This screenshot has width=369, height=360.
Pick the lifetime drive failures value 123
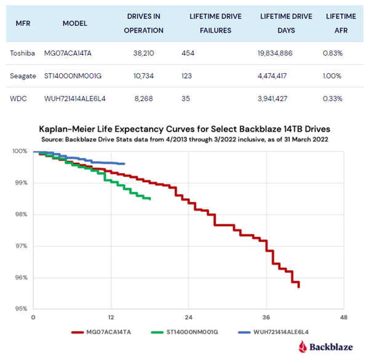tap(188, 75)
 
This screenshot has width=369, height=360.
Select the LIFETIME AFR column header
tap(341, 23)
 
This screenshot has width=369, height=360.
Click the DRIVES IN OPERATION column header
tap(145, 23)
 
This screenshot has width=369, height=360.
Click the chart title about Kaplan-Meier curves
tap(184, 130)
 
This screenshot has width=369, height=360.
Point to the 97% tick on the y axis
tap(20, 246)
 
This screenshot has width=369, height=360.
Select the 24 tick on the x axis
tap(188, 318)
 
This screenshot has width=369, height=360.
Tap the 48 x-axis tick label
tap(344, 318)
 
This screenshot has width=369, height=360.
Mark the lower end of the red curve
tap(299, 287)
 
